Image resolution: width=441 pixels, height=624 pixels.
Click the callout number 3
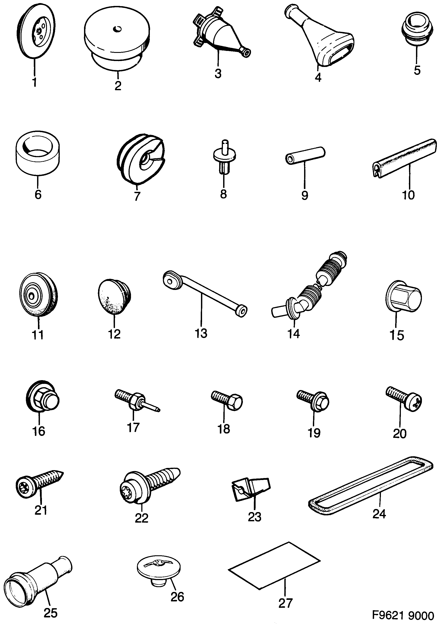coord(218,74)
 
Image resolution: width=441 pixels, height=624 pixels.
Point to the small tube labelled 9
coord(305,154)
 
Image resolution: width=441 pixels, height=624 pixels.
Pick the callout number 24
coord(379,514)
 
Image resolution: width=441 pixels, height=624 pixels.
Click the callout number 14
coord(294,333)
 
